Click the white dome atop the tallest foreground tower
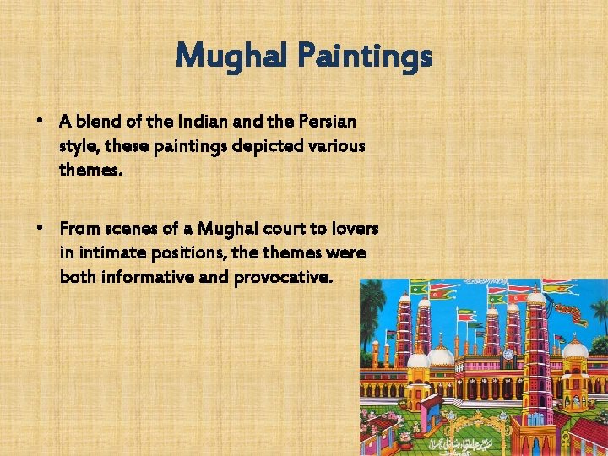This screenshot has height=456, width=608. click(535, 296)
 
